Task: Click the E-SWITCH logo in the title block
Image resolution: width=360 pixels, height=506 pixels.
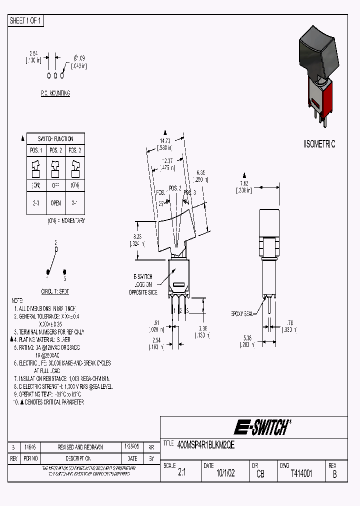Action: (262, 427)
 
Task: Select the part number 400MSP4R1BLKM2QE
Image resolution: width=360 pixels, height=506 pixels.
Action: (206, 443)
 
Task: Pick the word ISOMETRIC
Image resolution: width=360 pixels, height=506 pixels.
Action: (320, 144)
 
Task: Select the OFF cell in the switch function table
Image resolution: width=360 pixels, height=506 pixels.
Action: (55, 185)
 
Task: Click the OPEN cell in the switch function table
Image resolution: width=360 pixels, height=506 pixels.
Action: (55, 203)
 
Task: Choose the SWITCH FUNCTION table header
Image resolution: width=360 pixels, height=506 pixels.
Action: (55, 138)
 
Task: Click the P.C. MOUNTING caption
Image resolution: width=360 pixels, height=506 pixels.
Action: (55, 93)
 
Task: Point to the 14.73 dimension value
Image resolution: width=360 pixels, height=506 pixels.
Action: (166, 141)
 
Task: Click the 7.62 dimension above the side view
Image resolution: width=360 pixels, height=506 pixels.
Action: (244, 183)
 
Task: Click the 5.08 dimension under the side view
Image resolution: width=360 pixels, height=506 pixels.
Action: (247, 338)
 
